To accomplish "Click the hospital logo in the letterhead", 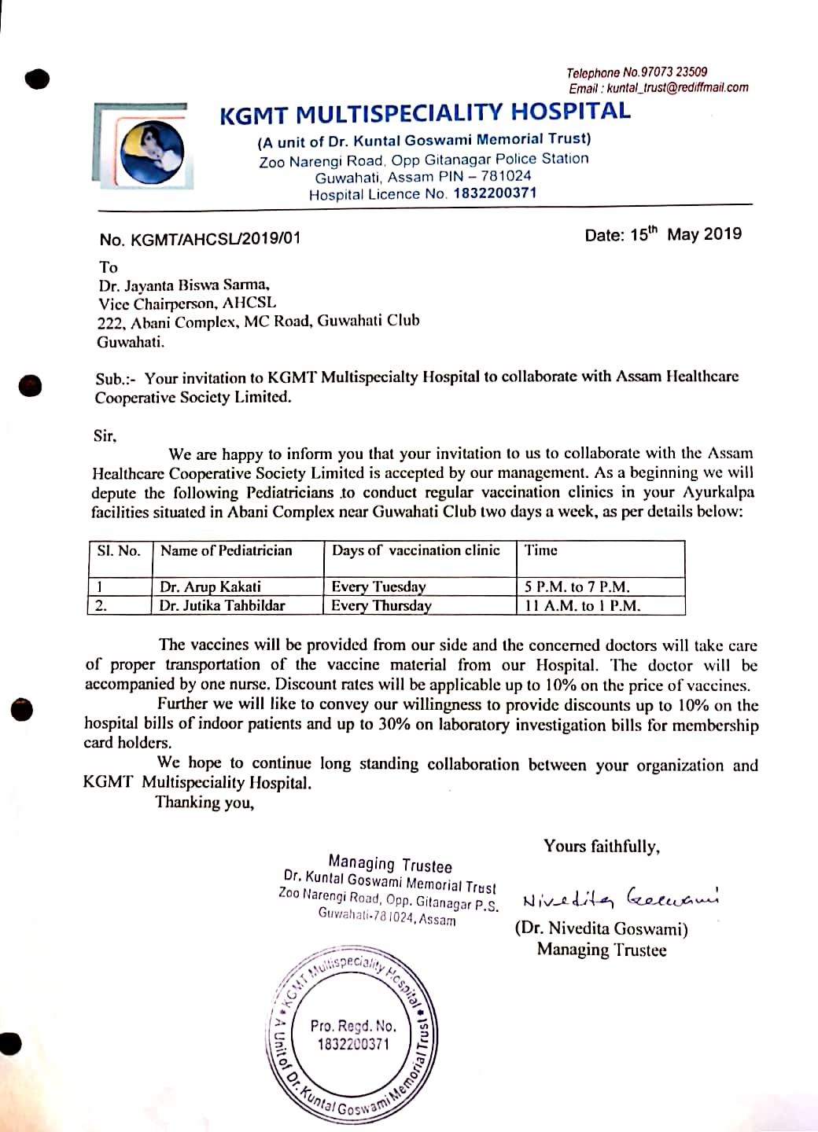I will [x=153, y=152].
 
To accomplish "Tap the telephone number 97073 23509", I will [x=673, y=72].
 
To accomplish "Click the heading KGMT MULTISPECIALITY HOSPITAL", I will [x=425, y=112].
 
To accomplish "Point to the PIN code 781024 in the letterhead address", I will [x=506, y=177].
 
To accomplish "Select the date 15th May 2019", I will [x=663, y=234].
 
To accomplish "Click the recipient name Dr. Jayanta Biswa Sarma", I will [x=185, y=285].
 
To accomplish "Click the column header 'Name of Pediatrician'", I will [x=226, y=550].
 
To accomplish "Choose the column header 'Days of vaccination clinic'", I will [x=415, y=550].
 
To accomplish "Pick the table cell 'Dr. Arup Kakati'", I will [x=210, y=586].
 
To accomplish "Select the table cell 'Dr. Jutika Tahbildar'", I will [x=222, y=605].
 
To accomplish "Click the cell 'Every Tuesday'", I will [x=378, y=586].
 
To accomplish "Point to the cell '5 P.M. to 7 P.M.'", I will [x=577, y=586].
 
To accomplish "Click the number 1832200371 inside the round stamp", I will [x=353, y=1044].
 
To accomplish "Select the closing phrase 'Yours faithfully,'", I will [x=602, y=847].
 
